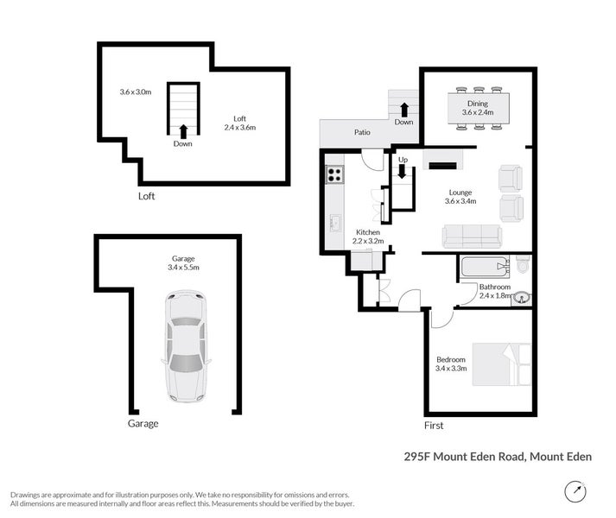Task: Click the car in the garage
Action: point(186,346)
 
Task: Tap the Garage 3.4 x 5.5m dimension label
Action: point(183,263)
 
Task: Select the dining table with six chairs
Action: point(476,108)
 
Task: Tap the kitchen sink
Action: point(333,223)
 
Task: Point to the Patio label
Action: point(362,133)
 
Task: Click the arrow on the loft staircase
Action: point(182,130)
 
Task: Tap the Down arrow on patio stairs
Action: point(403,109)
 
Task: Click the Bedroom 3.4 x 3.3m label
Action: point(451,363)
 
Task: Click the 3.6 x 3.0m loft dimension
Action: point(136,92)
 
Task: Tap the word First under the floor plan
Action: point(434,426)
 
